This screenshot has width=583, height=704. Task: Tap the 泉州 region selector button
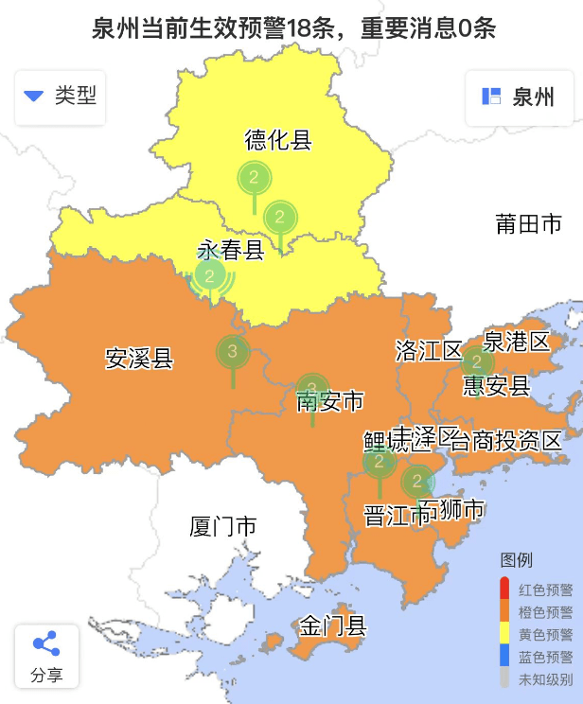[x=519, y=97]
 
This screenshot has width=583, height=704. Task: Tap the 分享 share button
[x=46, y=657]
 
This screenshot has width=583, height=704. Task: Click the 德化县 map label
[x=278, y=141]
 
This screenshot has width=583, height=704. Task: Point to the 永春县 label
[x=230, y=251]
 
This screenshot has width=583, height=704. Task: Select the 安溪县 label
[x=139, y=359]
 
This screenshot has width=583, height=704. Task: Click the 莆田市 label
[x=528, y=223]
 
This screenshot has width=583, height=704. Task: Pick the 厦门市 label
[x=223, y=526]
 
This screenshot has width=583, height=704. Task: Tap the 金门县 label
[x=333, y=625]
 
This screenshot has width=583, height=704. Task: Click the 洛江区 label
[x=428, y=351]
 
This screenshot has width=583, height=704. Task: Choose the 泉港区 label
[x=517, y=342]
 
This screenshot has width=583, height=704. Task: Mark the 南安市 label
[x=330, y=402]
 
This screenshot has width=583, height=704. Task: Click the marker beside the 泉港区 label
[x=477, y=361]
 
